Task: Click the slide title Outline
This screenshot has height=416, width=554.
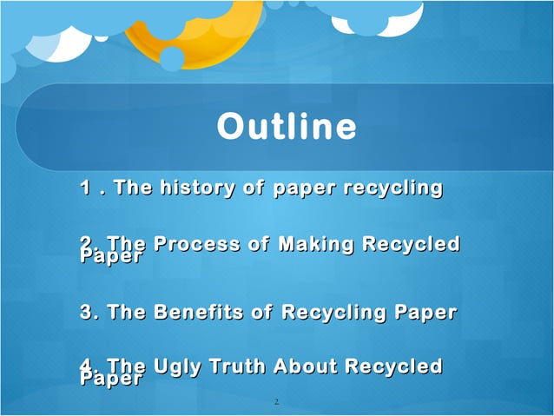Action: [x=287, y=127]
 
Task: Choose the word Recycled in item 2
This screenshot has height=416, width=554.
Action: [x=411, y=245]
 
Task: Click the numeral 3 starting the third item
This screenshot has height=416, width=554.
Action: [x=85, y=311]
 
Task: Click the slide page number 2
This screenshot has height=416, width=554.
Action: [x=275, y=402]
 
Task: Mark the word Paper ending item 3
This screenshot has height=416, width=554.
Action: [x=426, y=311]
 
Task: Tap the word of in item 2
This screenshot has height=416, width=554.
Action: [x=258, y=245]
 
